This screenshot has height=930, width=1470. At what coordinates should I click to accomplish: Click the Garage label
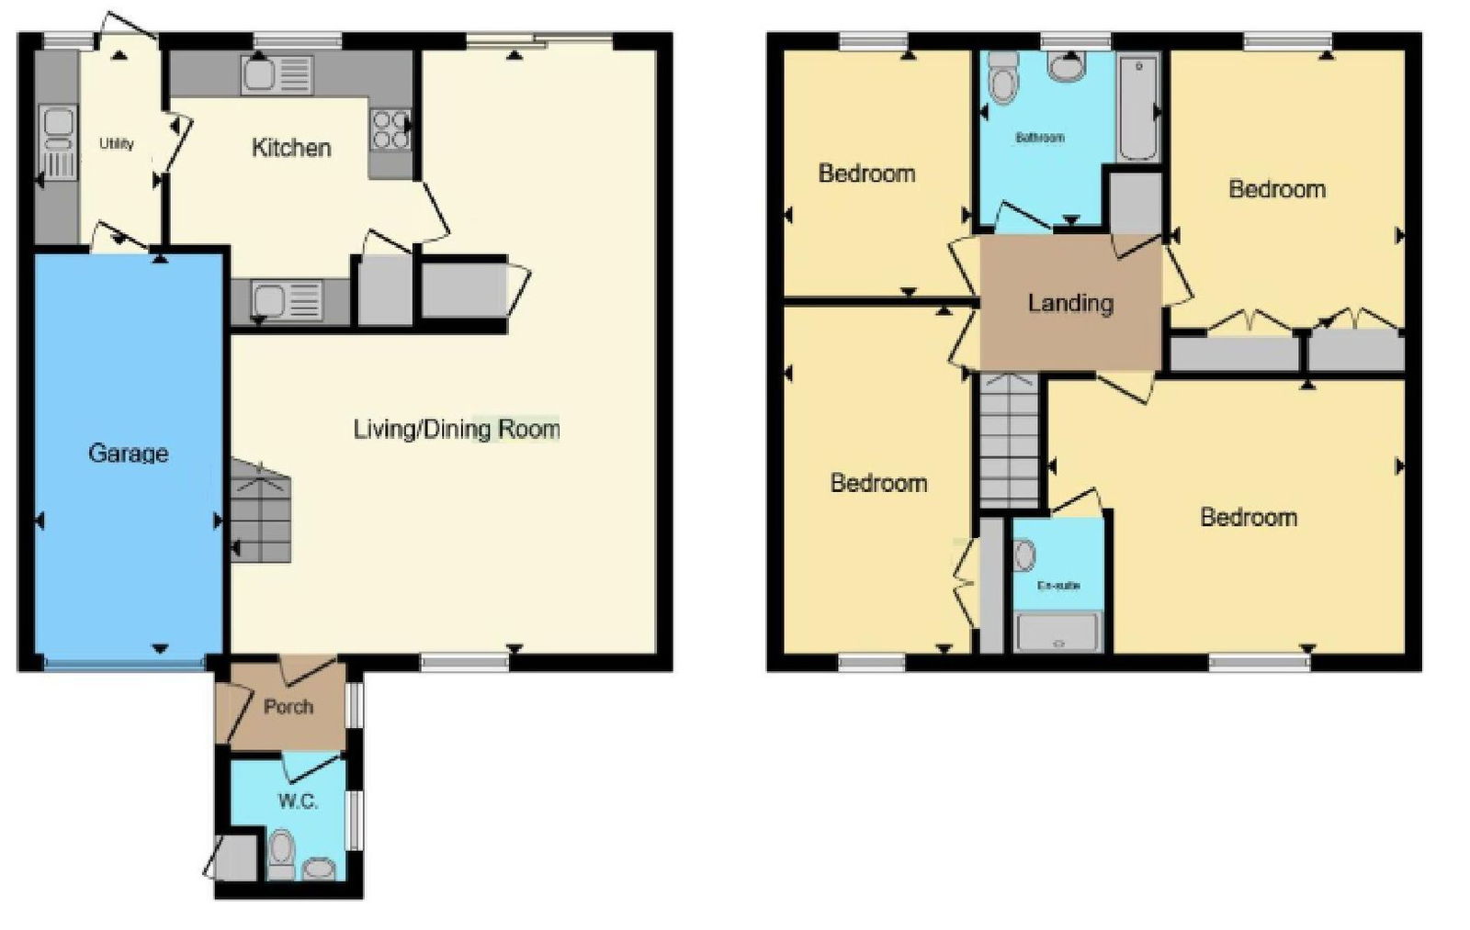click(128, 454)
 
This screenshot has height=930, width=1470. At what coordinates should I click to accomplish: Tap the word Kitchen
click(291, 148)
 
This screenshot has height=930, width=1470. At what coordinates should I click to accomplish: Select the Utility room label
click(117, 143)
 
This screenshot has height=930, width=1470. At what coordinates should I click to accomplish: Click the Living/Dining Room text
click(457, 430)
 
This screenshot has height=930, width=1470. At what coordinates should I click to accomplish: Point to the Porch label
click(288, 707)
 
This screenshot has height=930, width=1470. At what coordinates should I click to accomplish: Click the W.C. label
click(298, 801)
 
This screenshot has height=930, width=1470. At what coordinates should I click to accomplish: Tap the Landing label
click(1070, 303)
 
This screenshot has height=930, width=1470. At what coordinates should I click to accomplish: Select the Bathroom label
click(1040, 138)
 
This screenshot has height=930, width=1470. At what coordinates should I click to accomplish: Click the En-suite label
click(1057, 585)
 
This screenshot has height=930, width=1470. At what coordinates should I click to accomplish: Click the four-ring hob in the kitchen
click(390, 129)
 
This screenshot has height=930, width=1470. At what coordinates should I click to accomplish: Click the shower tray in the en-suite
click(1057, 633)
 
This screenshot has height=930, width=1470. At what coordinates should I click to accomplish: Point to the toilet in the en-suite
click(1023, 555)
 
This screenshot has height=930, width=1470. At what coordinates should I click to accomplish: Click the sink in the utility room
click(59, 141)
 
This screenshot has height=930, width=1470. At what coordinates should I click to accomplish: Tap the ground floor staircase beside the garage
click(261, 510)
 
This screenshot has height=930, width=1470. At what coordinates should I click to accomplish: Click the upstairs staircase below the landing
click(1010, 440)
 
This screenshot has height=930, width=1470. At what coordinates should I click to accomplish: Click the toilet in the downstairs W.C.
click(282, 854)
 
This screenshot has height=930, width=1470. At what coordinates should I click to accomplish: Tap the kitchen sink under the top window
click(277, 75)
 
